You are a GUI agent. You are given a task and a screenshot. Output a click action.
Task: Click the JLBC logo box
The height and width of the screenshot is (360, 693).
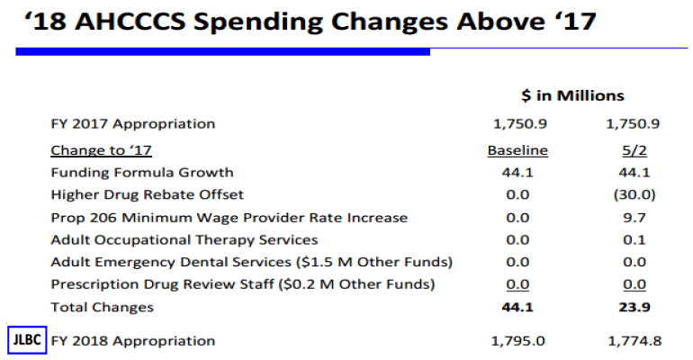[x=24, y=340]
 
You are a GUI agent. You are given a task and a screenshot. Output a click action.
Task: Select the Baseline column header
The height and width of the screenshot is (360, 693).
[x=517, y=149]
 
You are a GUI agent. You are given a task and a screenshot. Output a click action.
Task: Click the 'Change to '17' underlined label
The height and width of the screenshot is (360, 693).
[x=108, y=149]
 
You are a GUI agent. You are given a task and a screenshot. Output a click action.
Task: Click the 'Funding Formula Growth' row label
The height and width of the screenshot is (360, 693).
[x=142, y=172]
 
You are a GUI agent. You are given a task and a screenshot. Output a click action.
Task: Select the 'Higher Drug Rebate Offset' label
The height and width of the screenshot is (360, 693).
[x=148, y=194]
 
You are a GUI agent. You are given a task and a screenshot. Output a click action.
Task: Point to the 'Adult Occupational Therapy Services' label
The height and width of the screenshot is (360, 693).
[x=184, y=239]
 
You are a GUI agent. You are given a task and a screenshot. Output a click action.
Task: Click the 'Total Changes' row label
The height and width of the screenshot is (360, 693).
[x=102, y=307]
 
